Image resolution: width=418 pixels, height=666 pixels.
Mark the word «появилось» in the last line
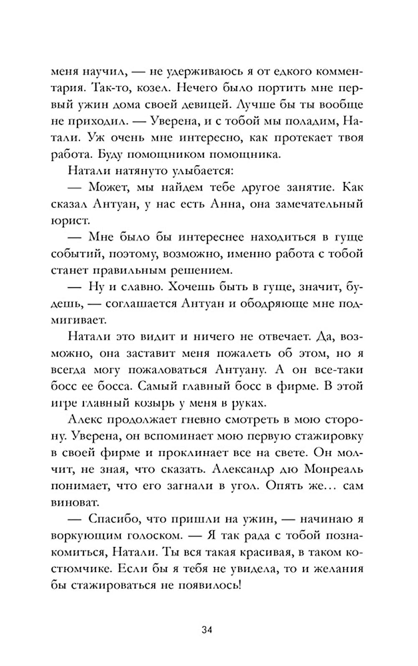click(x=206, y=585)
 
